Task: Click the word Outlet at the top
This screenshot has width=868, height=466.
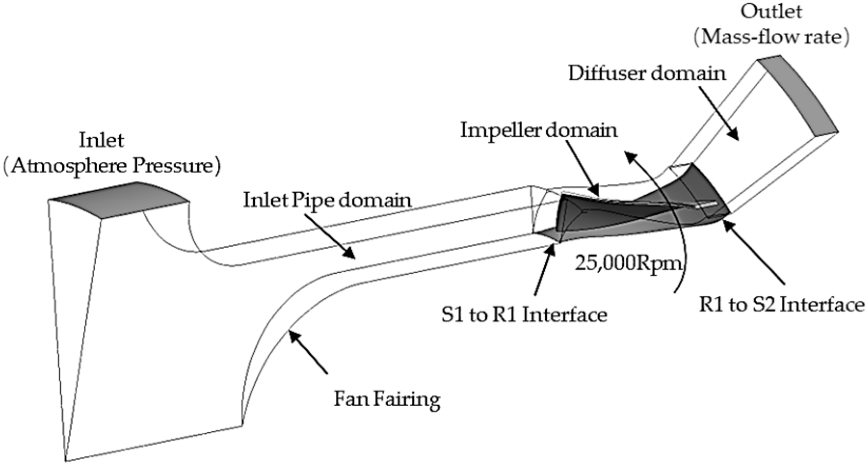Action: [771, 12]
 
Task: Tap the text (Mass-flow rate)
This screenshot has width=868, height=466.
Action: [771, 37]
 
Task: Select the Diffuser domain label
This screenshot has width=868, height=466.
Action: [647, 73]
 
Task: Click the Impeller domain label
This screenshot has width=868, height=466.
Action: [539, 130]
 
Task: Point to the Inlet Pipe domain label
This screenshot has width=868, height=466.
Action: [327, 200]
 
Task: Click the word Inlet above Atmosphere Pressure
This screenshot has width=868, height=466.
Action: [102, 140]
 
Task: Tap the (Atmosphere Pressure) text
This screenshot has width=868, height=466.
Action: [112, 166]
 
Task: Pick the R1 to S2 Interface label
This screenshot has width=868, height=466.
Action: [781, 305]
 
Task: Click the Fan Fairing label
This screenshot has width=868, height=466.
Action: [387, 399]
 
